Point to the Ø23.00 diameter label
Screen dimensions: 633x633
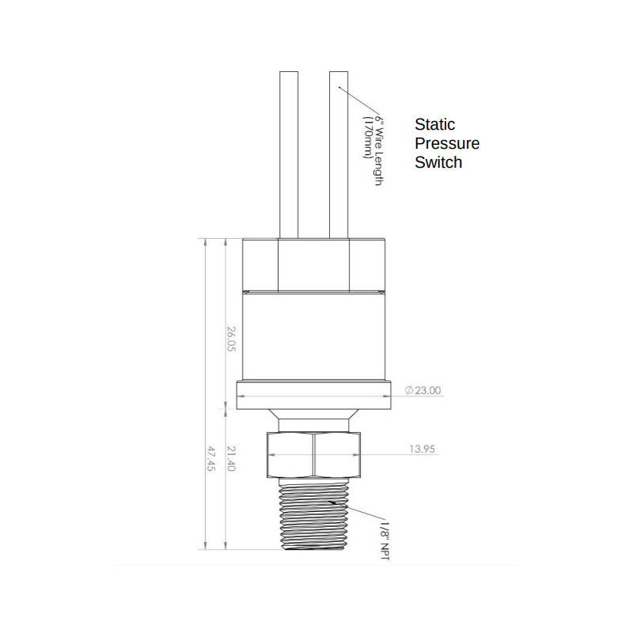point(423,390)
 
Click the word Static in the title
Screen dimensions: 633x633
point(434,125)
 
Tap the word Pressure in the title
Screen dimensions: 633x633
point(447,144)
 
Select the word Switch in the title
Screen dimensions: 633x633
point(438,163)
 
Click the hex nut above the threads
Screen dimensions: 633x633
point(314,456)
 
